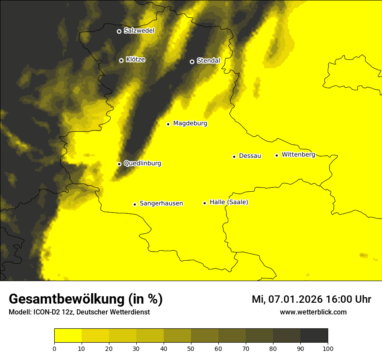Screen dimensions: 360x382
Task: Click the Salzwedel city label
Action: pyautogui.click(x=139, y=31)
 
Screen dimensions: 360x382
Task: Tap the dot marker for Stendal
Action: pyautogui.click(x=192, y=62)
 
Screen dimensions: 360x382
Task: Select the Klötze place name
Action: pyautogui.click(x=135, y=60)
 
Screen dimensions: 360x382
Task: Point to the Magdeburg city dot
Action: pyautogui.click(x=168, y=124)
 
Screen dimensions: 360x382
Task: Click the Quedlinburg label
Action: pyautogui.click(x=142, y=164)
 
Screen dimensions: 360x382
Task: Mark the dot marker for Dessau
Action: pyautogui.click(x=234, y=157)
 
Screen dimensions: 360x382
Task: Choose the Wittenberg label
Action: pyautogui.click(x=298, y=155)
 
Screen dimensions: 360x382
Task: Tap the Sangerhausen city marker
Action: pyautogui.click(x=135, y=204)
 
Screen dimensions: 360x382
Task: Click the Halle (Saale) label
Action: pyautogui.click(x=229, y=202)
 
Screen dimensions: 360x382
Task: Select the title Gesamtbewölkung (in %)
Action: pyautogui.click(x=86, y=299)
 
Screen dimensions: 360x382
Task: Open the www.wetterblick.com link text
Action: pyautogui.click(x=313, y=312)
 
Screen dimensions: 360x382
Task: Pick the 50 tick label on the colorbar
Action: pyautogui.click(x=191, y=348)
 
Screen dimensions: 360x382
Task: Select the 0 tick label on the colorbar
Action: pyautogui.click(x=54, y=348)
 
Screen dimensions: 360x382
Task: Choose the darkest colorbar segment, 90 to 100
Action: pyautogui.click(x=314, y=336)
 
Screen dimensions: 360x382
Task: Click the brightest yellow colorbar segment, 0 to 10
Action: pyautogui.click(x=68, y=336)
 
